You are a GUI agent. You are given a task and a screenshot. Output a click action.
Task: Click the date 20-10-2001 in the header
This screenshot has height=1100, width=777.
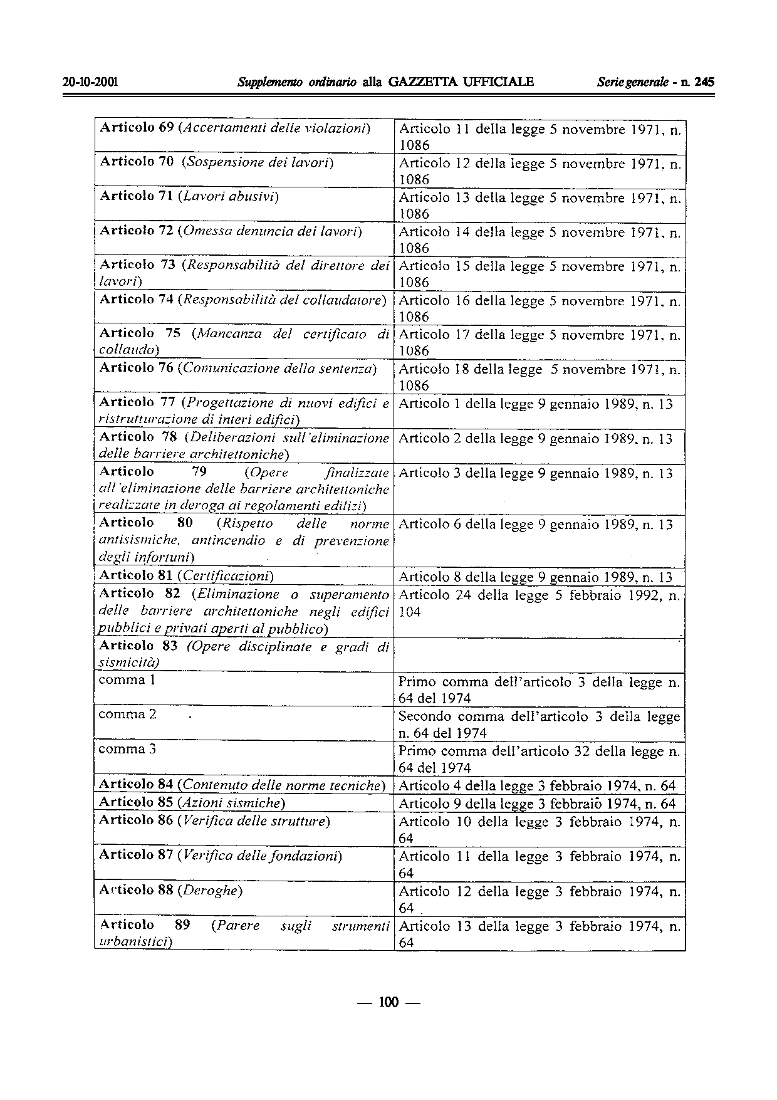[91, 82]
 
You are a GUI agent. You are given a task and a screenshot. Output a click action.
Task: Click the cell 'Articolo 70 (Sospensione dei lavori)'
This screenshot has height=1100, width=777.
[217, 163]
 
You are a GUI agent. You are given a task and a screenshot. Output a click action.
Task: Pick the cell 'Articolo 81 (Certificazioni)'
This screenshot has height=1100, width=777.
[187, 575]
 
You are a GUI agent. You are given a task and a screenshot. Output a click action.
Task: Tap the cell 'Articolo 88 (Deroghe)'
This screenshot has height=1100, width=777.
[171, 890]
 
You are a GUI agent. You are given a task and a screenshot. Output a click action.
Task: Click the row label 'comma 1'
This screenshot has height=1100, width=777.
[127, 680]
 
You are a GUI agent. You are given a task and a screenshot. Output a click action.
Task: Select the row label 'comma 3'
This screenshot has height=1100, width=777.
[127, 749]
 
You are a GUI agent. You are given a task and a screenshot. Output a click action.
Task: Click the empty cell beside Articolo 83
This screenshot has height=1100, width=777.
[539, 654]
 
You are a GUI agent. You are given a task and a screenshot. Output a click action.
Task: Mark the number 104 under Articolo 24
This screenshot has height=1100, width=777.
[410, 612]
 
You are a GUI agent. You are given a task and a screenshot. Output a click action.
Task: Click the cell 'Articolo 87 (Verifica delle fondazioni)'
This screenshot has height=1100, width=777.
[221, 856]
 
